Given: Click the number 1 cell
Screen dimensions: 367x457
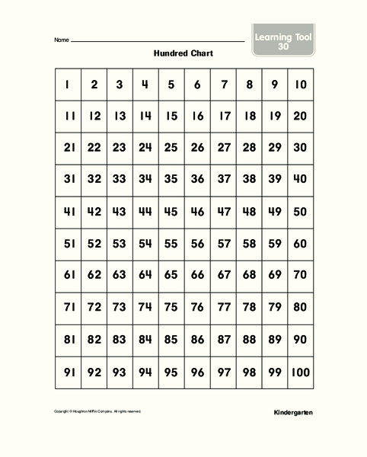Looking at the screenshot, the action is (x=68, y=85).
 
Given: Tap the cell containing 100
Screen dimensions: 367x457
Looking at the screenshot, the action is (x=300, y=373).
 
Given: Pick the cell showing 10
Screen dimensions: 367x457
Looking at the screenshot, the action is (x=300, y=85).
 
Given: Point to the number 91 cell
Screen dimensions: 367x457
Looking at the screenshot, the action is (x=68, y=373).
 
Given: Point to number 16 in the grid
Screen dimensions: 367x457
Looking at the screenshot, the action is (x=197, y=117).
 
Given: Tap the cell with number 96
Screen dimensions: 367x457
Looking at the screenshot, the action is (x=197, y=373).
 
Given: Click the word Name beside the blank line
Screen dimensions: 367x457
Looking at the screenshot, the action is (x=62, y=40).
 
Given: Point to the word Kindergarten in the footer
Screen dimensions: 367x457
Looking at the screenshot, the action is (x=292, y=412).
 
